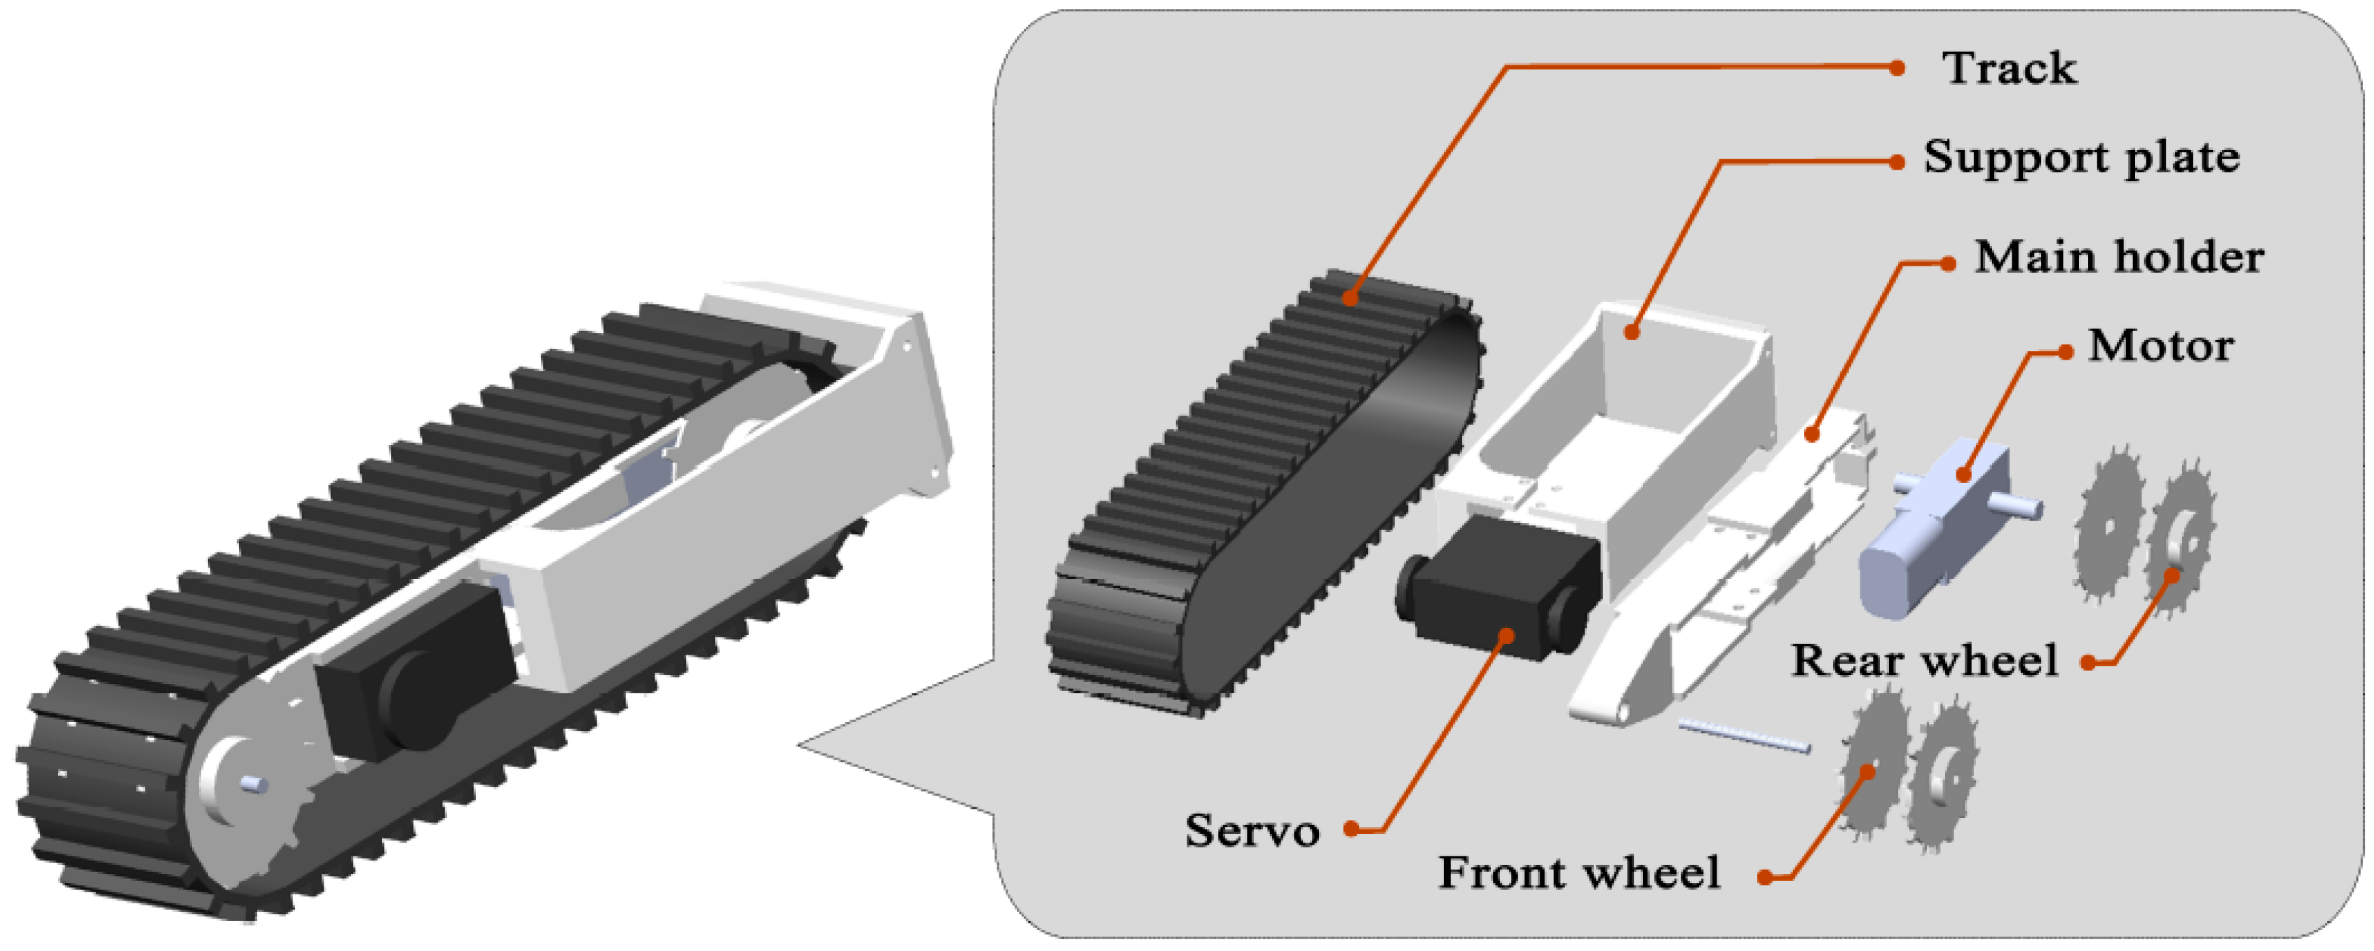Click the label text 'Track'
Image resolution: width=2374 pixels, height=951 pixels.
pyautogui.click(x=2009, y=68)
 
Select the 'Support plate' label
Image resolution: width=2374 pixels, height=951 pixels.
pyautogui.click(x=2081, y=157)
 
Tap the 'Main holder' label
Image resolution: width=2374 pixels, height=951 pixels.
pyautogui.click(x=2118, y=257)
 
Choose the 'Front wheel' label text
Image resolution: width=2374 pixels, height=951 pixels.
pyautogui.click(x=1578, y=873)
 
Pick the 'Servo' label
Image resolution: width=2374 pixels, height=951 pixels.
pyautogui.click(x=1251, y=830)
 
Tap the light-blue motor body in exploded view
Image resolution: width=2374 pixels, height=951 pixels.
pyautogui.click(x=1926, y=535)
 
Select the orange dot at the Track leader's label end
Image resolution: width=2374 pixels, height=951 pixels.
pyautogui.click(x=1896, y=68)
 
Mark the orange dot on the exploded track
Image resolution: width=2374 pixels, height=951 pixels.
pyautogui.click(x=1350, y=298)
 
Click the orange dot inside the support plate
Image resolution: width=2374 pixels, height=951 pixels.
pyautogui.click(x=1631, y=332)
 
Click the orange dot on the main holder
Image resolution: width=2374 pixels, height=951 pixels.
pyautogui.click(x=1812, y=433)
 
